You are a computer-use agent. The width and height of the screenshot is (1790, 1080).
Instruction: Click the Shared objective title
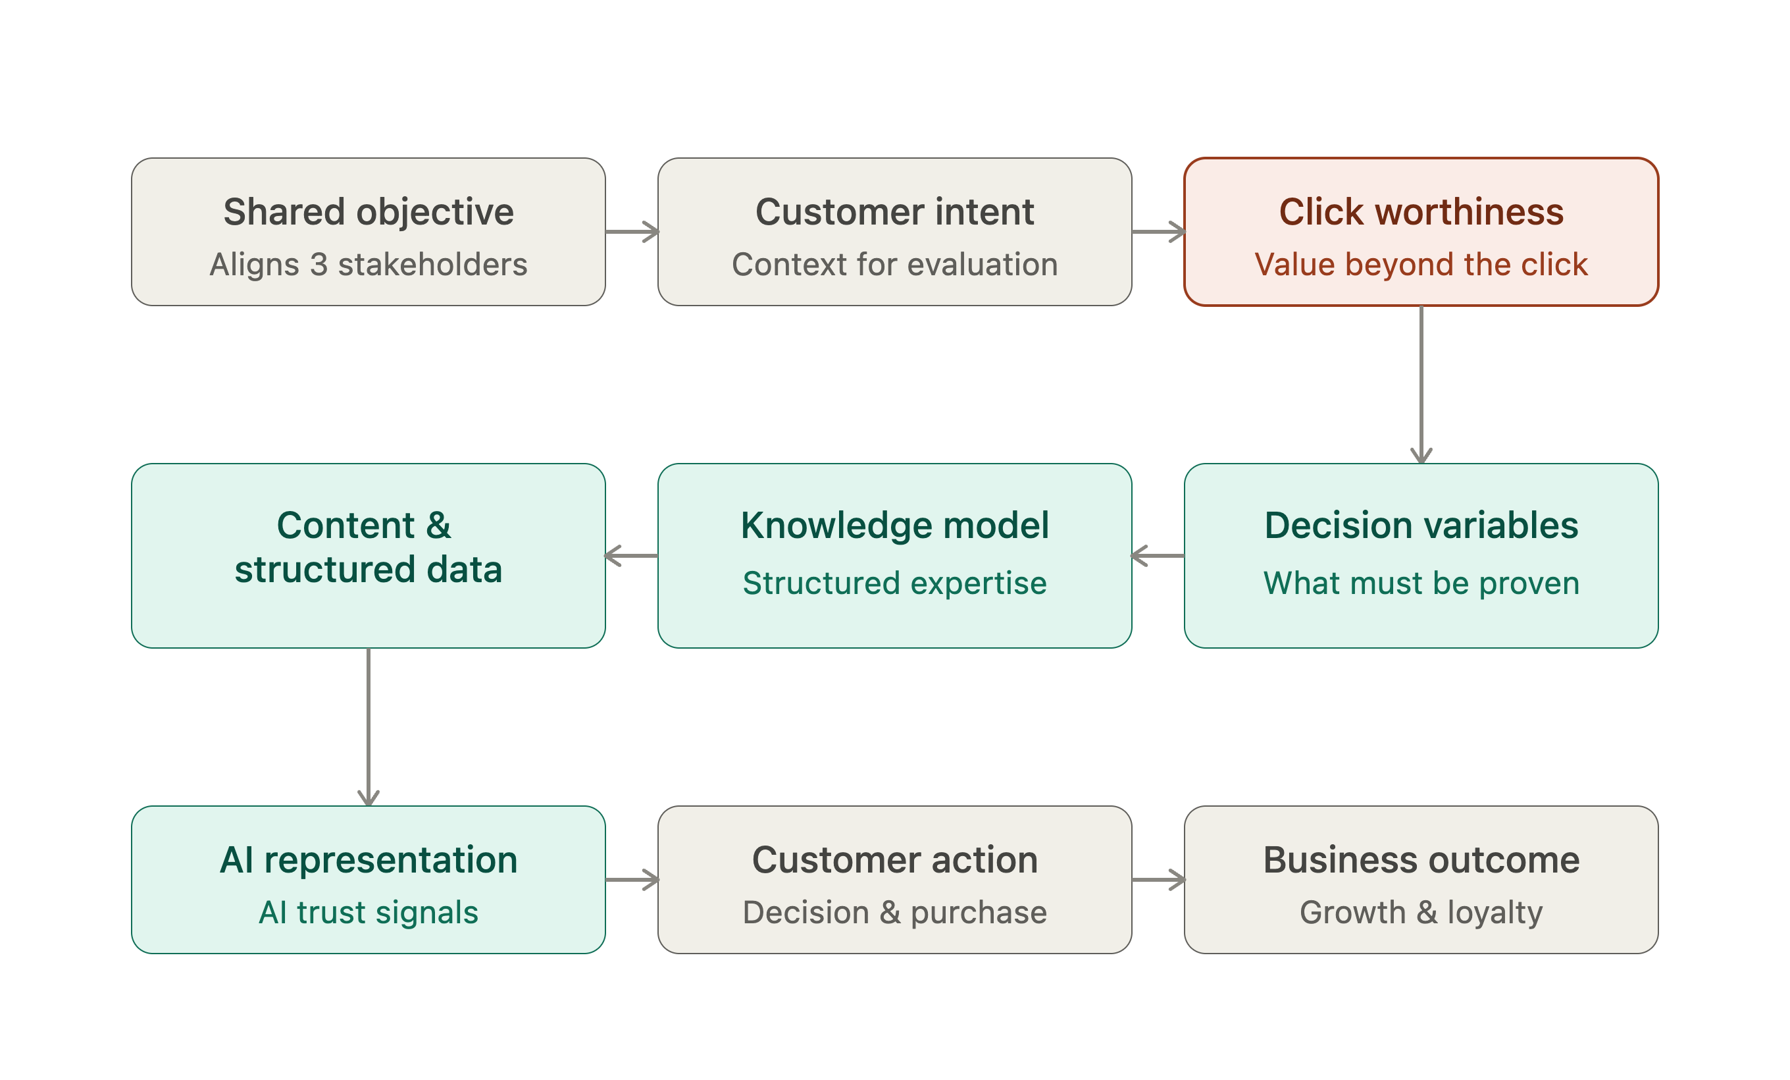[369, 212]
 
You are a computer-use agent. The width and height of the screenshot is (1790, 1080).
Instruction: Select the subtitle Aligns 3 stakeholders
[369, 265]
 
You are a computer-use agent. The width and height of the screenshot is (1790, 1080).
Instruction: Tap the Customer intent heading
[894, 212]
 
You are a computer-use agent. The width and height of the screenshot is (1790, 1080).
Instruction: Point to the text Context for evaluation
[894, 265]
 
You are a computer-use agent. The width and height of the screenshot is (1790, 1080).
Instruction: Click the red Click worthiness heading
[1421, 212]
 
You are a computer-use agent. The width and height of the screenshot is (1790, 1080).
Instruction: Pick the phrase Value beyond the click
[1421, 265]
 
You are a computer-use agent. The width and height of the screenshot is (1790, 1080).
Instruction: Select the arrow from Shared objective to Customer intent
[632, 232]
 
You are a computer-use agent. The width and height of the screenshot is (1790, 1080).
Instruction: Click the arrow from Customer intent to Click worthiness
[1159, 232]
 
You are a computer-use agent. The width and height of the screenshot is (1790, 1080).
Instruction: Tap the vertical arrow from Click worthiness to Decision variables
[1421, 385]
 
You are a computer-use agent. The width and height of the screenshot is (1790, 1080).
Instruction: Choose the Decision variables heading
[1421, 526]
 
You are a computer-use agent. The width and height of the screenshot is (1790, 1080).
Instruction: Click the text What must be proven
[1421, 583]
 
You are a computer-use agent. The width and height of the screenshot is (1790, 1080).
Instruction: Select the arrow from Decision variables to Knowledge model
[1158, 556]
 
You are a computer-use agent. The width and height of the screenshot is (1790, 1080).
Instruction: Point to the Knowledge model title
[894, 526]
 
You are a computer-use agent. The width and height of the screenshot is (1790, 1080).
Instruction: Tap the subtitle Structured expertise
[894, 583]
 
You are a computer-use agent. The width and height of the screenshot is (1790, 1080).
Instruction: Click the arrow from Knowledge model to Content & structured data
[631, 556]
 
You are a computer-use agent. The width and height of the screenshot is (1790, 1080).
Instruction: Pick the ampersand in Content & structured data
[438, 526]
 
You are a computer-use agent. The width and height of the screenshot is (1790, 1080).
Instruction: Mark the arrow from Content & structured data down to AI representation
[369, 727]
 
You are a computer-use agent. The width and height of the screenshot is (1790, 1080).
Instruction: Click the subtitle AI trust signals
[369, 912]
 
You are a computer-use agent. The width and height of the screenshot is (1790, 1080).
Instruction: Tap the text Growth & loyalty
[1421, 912]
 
